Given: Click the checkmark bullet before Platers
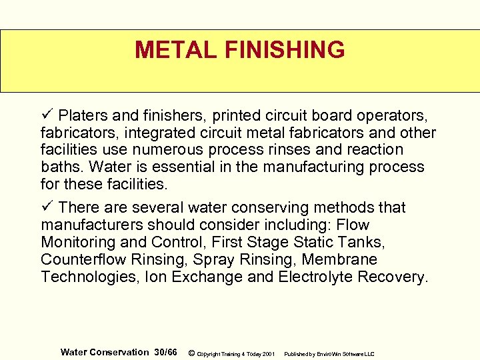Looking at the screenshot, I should [x=45, y=114].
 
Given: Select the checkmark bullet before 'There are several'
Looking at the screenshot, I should [x=45, y=207].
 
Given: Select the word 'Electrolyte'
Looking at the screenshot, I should [x=314, y=277].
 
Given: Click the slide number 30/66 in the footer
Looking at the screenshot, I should [x=165, y=352].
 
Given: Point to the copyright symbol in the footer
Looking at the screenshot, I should [x=192, y=353].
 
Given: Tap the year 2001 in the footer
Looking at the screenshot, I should [x=269, y=353].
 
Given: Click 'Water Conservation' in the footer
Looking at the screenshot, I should [x=105, y=352].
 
